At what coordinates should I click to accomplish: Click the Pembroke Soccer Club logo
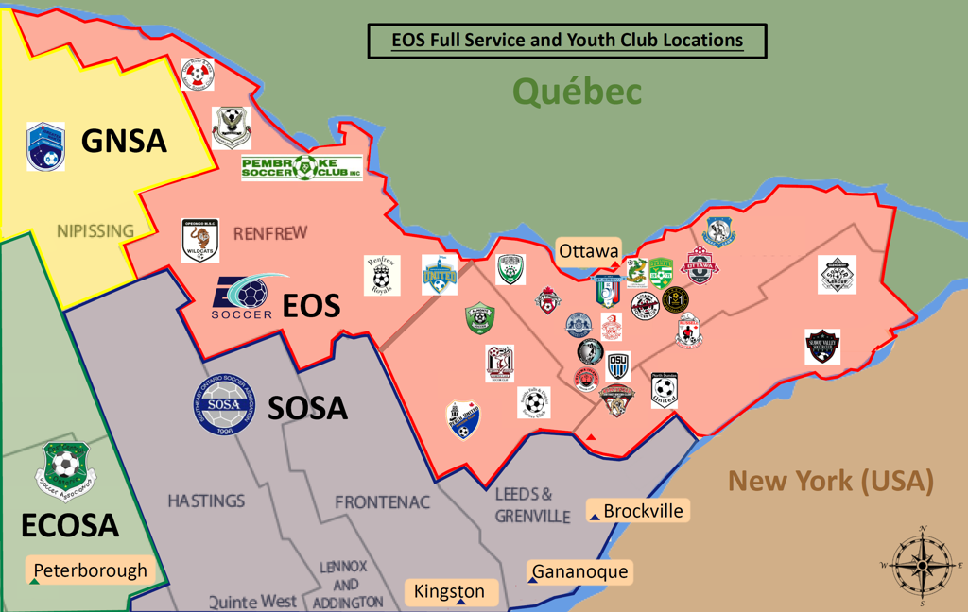(x=302, y=168)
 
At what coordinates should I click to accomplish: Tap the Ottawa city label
(x=588, y=252)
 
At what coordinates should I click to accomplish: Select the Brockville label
(x=642, y=511)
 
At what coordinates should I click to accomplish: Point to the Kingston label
(x=450, y=592)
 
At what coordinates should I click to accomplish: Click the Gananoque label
(x=579, y=571)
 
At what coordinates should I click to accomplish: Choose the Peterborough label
(x=90, y=570)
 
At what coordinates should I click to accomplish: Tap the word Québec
(x=577, y=92)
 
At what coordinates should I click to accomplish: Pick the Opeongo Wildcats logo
(x=201, y=241)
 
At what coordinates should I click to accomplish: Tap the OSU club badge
(x=618, y=365)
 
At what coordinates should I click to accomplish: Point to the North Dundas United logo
(x=665, y=390)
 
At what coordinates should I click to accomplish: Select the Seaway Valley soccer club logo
(x=822, y=347)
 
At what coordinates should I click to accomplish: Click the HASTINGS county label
(x=206, y=501)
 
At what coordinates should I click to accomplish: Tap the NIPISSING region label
(x=95, y=230)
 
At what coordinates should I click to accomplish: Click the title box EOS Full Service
(x=566, y=41)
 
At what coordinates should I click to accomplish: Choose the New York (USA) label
(x=830, y=481)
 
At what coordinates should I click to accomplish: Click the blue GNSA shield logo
(x=44, y=145)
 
